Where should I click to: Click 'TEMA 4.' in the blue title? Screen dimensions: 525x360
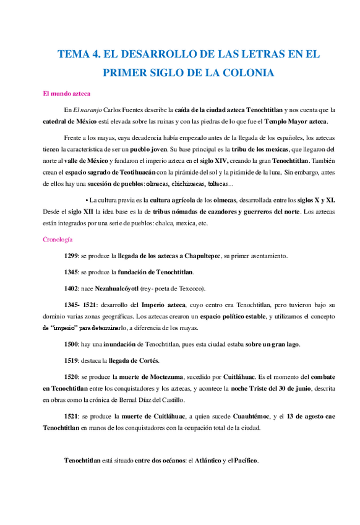point(77,54)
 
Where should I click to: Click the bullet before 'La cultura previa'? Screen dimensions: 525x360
point(87,201)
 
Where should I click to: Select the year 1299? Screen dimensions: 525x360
point(71,256)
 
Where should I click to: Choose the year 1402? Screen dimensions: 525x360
point(71,288)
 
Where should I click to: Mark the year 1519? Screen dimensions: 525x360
point(71,360)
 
